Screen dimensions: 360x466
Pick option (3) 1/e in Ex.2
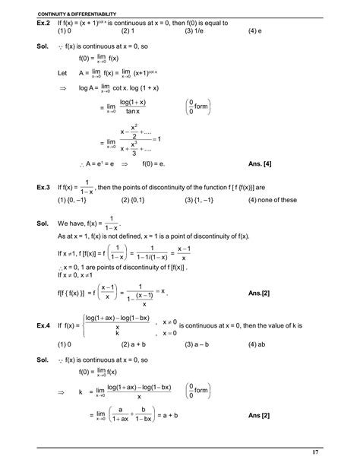(x=194, y=32)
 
